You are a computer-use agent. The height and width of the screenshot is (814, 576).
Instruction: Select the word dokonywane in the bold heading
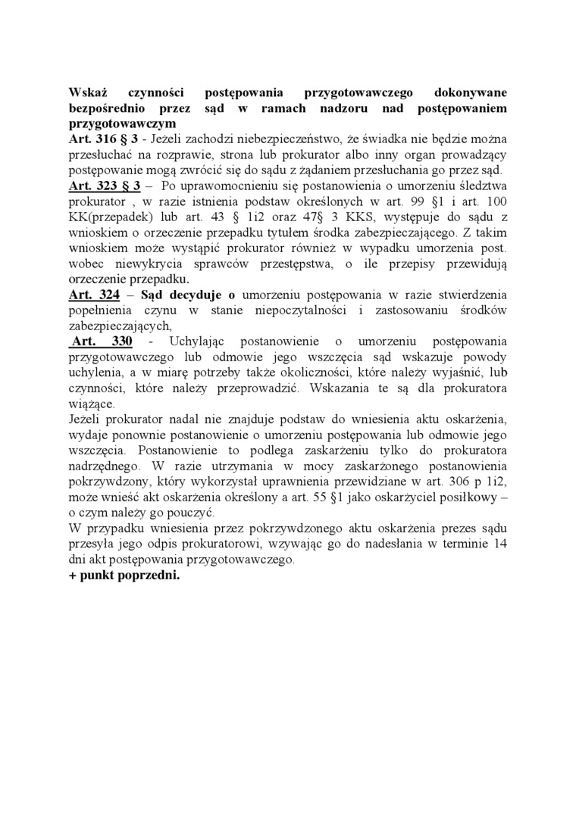click(471, 92)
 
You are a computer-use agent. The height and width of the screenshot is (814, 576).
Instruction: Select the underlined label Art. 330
click(102, 341)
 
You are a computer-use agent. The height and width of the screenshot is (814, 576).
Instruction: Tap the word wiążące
click(90, 403)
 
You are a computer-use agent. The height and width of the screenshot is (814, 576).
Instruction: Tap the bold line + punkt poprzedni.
click(124, 574)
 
